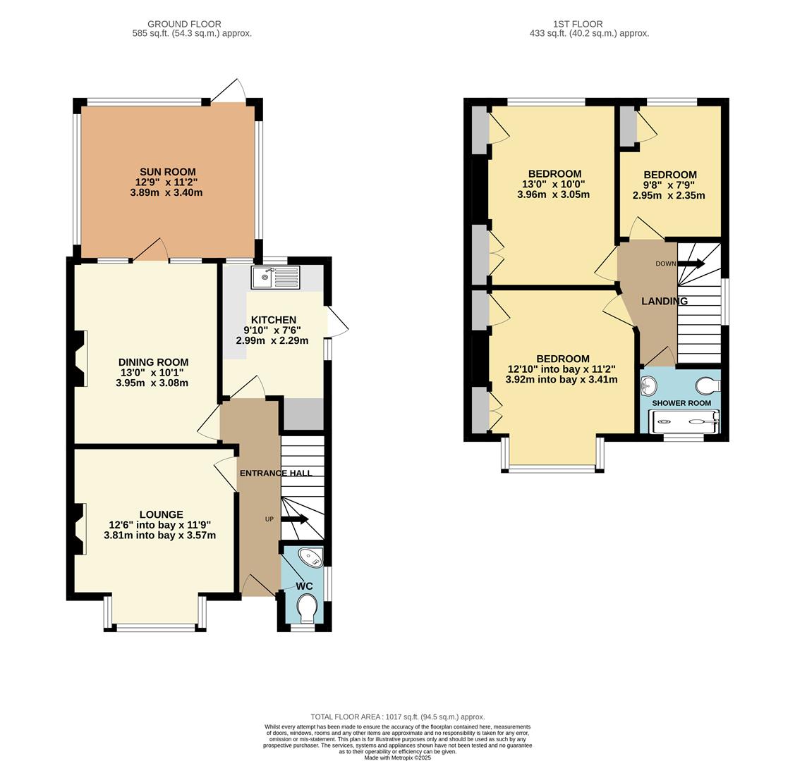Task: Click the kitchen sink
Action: tap(275, 277)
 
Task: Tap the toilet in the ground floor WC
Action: tap(308, 608)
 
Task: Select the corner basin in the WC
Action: tap(310, 558)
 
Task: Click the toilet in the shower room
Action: tap(708, 385)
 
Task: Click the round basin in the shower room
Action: tap(649, 385)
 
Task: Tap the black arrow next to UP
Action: tap(295, 520)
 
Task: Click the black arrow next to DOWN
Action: tap(691, 264)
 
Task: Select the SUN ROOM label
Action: tap(167, 172)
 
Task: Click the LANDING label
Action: tap(664, 301)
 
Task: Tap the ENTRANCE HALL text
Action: tap(275, 473)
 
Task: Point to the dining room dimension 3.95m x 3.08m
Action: tap(152, 383)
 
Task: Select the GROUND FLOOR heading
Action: tap(184, 24)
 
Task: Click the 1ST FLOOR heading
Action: tap(577, 24)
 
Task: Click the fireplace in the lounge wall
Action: tap(80, 528)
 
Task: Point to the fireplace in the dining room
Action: tap(80, 358)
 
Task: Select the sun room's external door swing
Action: tap(229, 92)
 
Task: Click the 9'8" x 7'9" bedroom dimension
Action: tap(669, 185)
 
